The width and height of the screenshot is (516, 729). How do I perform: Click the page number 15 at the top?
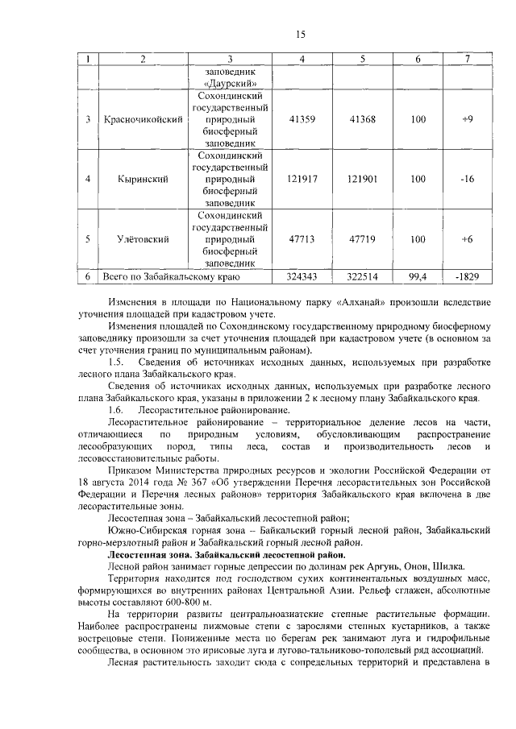(301, 34)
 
